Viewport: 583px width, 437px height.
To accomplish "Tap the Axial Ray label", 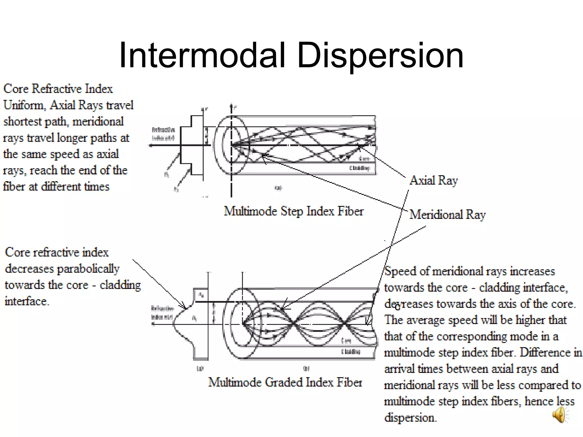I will click(x=434, y=180).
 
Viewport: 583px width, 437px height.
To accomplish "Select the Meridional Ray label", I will click(x=447, y=215).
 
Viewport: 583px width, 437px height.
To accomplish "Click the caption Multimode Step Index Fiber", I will click(x=293, y=211).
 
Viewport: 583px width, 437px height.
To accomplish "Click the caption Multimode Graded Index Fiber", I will click(x=285, y=382).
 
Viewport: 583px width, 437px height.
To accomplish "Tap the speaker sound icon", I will click(x=560, y=415).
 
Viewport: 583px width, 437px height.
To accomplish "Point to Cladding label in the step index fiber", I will click(x=359, y=168).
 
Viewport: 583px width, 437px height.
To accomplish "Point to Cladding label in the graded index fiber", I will click(x=351, y=352).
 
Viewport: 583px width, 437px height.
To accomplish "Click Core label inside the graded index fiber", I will click(x=346, y=341).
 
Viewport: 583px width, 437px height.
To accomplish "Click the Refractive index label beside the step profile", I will click(x=163, y=134).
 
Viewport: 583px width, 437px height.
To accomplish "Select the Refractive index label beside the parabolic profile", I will click(x=162, y=312).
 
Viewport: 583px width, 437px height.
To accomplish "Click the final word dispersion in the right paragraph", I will click(x=410, y=418).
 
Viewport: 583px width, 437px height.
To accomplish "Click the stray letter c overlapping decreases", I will click(x=397, y=307).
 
